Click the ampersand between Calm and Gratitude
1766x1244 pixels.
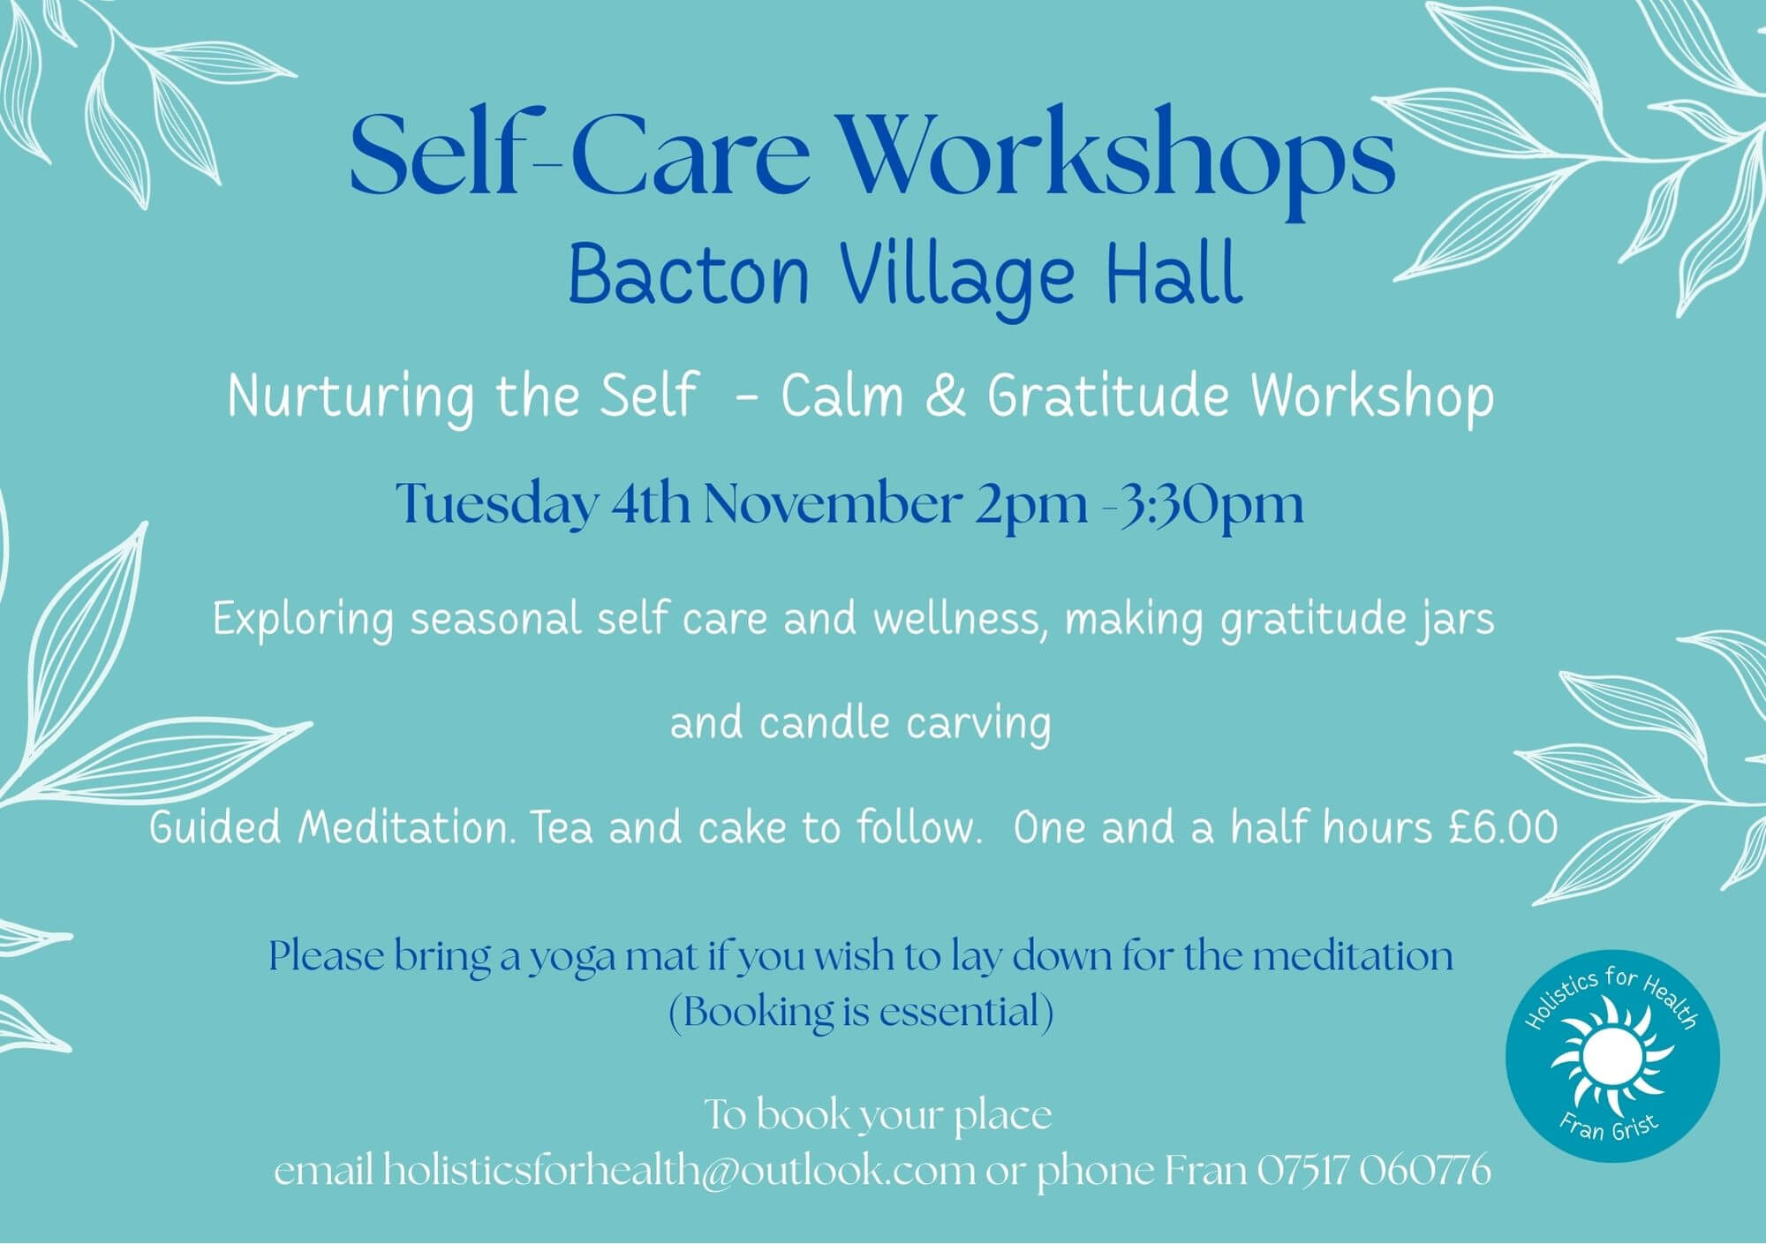(x=945, y=397)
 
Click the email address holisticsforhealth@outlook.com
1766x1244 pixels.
(x=680, y=1172)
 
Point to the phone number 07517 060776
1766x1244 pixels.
(x=1373, y=1171)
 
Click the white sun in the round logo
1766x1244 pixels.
(x=1611, y=1056)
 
